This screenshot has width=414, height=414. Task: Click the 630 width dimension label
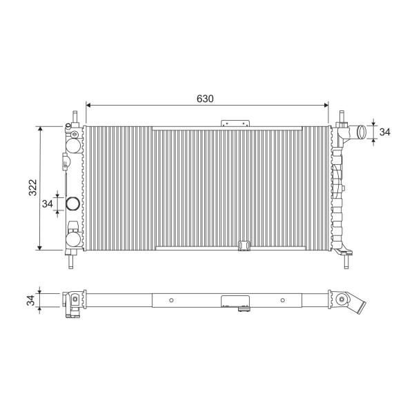pyautogui.click(x=205, y=99)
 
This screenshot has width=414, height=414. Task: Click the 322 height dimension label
pyautogui.click(x=32, y=188)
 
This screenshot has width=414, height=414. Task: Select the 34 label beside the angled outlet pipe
pyautogui.click(x=385, y=132)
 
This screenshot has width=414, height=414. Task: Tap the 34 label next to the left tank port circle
pyautogui.click(x=48, y=204)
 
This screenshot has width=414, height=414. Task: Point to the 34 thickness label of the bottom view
pyautogui.click(x=31, y=300)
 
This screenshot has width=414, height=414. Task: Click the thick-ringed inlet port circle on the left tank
pyautogui.click(x=72, y=204)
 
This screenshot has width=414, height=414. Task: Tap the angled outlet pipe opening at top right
pyautogui.click(x=362, y=132)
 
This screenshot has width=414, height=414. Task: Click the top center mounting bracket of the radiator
pyautogui.click(x=235, y=124)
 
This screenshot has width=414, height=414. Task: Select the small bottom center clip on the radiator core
pyautogui.click(x=244, y=246)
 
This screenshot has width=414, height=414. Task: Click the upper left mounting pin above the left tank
pyautogui.click(x=75, y=117)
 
